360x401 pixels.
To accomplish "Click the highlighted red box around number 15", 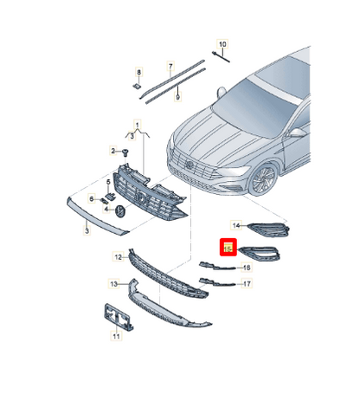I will pyautogui.click(x=228, y=248).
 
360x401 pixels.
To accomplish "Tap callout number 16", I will pyautogui.click(x=247, y=268).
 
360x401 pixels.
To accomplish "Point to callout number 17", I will pyautogui.click(x=247, y=283).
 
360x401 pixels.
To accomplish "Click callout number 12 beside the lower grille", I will pyautogui.click(x=118, y=257).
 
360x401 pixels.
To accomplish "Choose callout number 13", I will pyautogui.click(x=112, y=284).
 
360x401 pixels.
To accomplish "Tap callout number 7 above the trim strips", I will pyautogui.click(x=170, y=65).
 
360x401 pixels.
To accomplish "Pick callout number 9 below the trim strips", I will pyautogui.click(x=177, y=98).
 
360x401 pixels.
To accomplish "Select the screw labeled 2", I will pyautogui.click(x=126, y=152).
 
